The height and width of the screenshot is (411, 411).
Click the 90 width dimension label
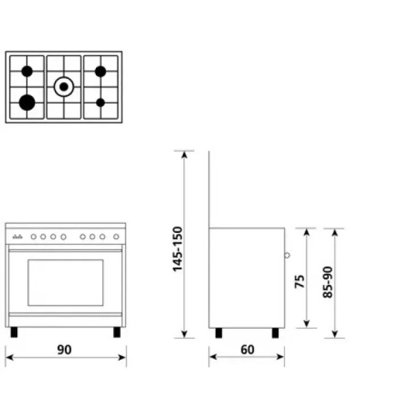tap(64, 349)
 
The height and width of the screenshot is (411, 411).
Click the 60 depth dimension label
tap(247, 349)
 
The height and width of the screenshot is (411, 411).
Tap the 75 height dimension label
tap(299, 282)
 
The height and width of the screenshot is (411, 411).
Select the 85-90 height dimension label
tap(327, 282)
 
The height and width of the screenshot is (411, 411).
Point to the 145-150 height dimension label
tap(177, 249)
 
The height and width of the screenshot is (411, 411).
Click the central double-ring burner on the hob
tap(64, 86)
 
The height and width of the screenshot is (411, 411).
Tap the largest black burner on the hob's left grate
tap(27, 103)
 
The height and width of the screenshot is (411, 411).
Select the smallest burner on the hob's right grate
tap(101, 103)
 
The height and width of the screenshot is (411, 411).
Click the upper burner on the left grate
tap(27, 71)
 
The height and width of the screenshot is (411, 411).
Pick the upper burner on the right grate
tap(101, 71)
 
